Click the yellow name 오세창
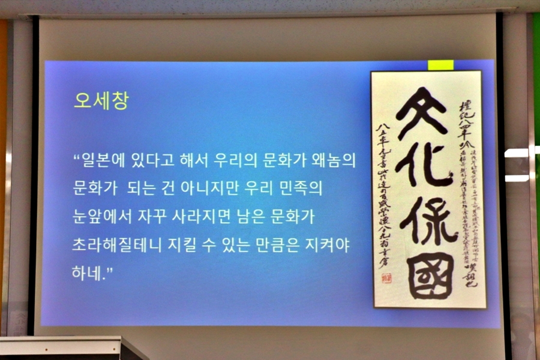pyautogui.click(x=101, y=100)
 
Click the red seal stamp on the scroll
pyautogui.click(x=385, y=278)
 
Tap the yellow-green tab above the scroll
pyautogui.click(x=440, y=65)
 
